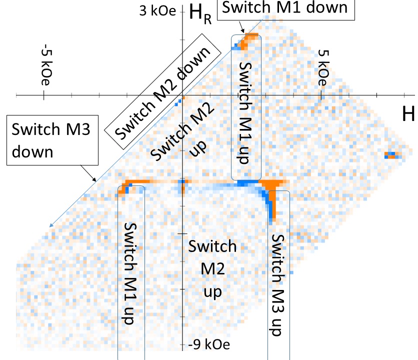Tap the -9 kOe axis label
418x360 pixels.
pos(205,344)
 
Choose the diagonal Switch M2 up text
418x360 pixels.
pos(171,132)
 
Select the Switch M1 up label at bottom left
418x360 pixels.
pos(130,272)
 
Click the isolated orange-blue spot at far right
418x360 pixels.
pos(392,154)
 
